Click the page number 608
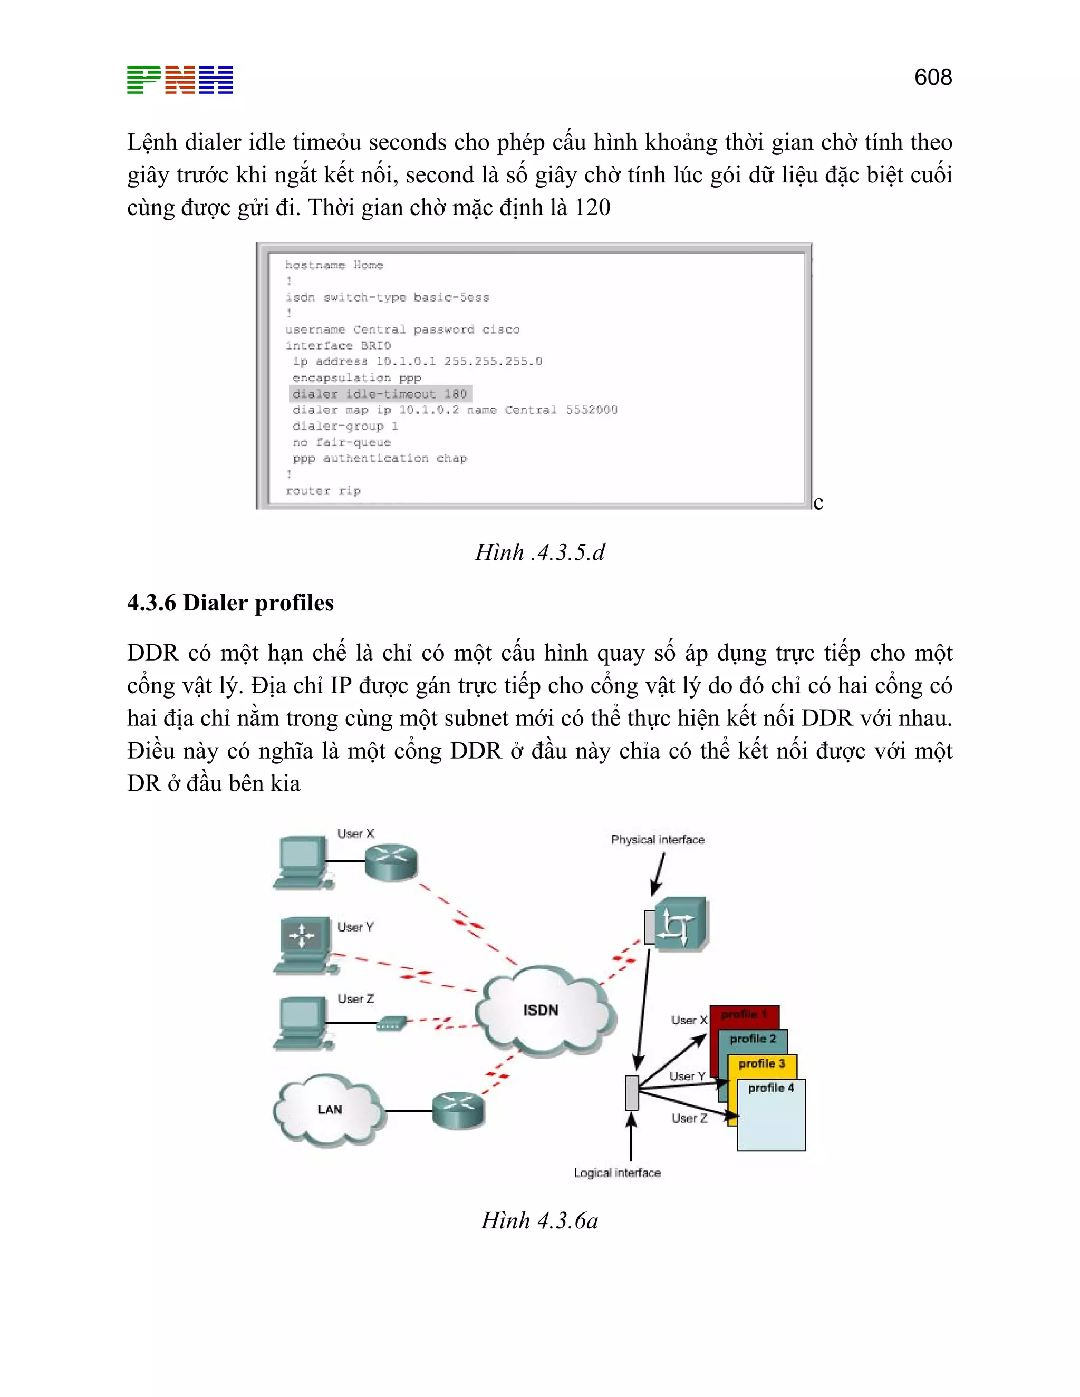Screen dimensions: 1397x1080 pos(932,77)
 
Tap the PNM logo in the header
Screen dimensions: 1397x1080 pos(180,80)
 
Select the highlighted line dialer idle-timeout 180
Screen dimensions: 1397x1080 pos(380,394)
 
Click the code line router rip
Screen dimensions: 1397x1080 pos(323,491)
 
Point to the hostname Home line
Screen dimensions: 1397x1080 pos(334,265)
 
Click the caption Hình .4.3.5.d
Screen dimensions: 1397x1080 pos(539,552)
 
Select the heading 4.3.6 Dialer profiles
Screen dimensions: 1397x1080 pos(230,603)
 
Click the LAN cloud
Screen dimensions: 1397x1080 pos(329,1110)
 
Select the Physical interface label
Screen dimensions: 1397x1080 pos(657,840)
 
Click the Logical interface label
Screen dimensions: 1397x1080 pos(617,1172)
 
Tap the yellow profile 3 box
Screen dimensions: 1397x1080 pos(761,1064)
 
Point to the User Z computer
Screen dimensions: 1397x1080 pos(301,1023)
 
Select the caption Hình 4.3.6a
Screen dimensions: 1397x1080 pos(539,1220)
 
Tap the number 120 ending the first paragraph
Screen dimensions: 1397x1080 pos(592,207)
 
